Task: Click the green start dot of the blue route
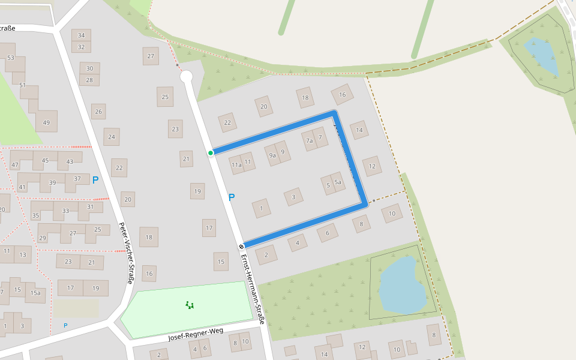point(211,153)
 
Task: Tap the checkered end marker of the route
point(242,246)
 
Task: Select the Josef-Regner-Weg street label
point(196,334)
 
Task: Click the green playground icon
point(190,305)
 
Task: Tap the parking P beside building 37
point(95,179)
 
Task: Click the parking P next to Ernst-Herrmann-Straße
point(232,197)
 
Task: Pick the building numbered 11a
point(236,164)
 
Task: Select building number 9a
point(272,155)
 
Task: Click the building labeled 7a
point(310,142)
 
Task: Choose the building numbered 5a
point(338,182)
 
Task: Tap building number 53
point(11,58)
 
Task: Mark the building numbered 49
point(46,122)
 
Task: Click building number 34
point(81,35)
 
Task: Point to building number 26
point(98,112)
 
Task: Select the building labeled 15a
point(35,293)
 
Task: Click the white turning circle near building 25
point(186,76)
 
